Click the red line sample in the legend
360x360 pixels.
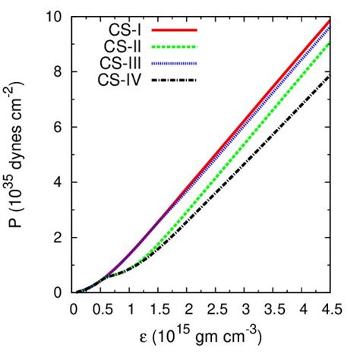click(x=174, y=30)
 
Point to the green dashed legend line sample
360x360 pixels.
click(x=174, y=46)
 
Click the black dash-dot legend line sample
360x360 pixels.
click(x=174, y=80)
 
